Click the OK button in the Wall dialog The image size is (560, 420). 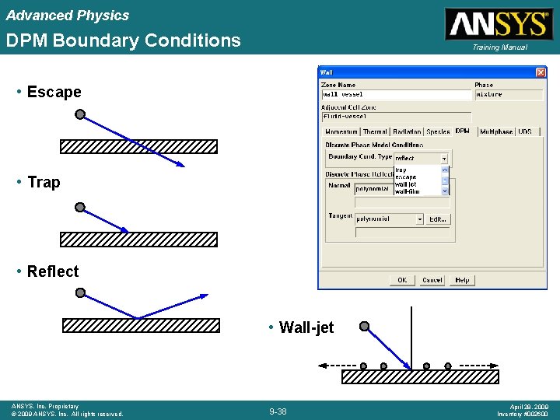point(401,280)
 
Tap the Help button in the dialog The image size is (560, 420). point(462,280)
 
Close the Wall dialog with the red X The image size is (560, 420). point(541,72)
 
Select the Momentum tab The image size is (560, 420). point(341,132)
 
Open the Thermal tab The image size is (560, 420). point(375,132)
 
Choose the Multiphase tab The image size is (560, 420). point(495,132)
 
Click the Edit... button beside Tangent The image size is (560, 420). point(438,219)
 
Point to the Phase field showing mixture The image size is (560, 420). point(509,95)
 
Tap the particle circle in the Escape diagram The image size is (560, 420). point(80,114)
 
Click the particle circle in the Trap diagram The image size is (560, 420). point(80,208)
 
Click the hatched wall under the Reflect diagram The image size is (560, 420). point(140,325)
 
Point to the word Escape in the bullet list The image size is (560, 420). point(54,92)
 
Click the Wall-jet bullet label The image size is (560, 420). point(306,327)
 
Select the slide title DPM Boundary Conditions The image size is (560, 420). point(124,40)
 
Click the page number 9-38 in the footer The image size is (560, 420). point(278,411)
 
